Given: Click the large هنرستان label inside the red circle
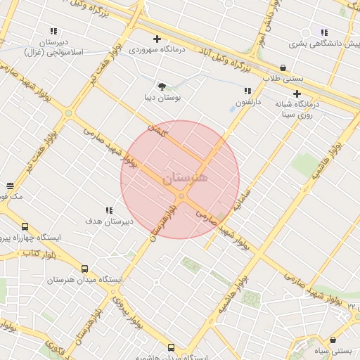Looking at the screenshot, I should (x=186, y=178).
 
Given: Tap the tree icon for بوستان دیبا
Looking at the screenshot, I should (x=162, y=86).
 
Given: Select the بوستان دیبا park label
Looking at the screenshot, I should (x=162, y=98).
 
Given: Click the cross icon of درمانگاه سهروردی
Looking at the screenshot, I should (x=157, y=39).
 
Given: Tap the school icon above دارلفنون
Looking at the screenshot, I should (x=247, y=91).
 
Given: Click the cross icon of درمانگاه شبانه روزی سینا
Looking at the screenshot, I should (x=297, y=93).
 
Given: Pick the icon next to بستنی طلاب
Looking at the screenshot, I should (x=283, y=67).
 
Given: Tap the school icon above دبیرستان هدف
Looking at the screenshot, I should (x=109, y=210).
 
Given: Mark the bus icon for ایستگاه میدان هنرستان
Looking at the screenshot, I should (x=84, y=268).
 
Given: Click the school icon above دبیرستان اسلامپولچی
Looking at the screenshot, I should (x=53, y=31).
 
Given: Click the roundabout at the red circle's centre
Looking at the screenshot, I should (x=181, y=196).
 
